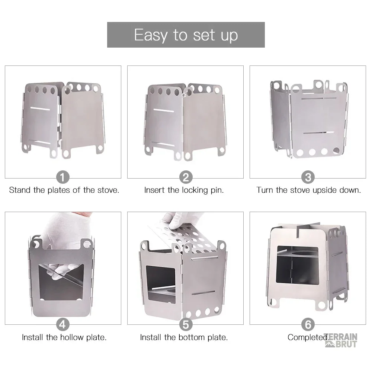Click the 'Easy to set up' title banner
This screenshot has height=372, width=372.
click(186, 35)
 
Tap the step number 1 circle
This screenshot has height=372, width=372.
click(62, 177)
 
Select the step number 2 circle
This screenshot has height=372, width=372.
click(186, 177)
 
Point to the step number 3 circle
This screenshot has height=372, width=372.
click(308, 177)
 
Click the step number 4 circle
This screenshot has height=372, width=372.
click(62, 324)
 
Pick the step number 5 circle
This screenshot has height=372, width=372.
click(186, 324)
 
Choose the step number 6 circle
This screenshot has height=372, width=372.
click(308, 324)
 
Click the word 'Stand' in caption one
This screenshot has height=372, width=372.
click(20, 190)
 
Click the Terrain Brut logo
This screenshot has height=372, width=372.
click(341, 340)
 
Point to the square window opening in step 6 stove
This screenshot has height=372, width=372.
click(298, 265)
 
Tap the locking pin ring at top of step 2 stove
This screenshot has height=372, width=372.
click(185, 94)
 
